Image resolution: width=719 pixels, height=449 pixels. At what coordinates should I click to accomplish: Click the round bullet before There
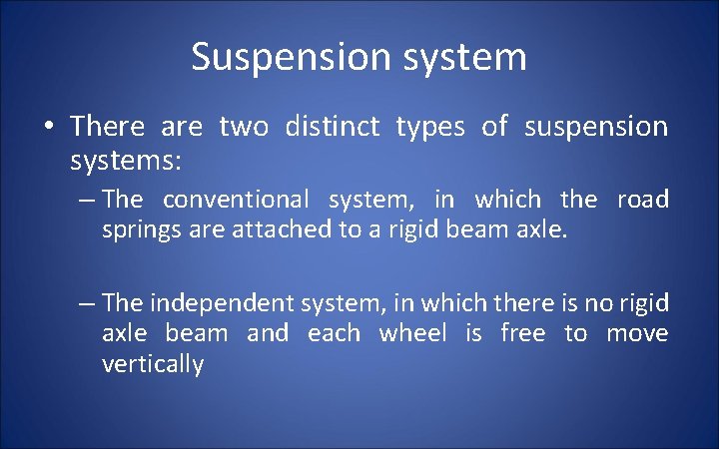(48, 128)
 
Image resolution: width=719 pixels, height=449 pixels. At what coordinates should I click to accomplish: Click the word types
(429, 128)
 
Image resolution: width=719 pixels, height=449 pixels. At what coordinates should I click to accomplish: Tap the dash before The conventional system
(86, 201)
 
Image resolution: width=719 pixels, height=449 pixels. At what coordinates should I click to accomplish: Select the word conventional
(236, 200)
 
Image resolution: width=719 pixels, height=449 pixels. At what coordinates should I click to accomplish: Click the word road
(643, 200)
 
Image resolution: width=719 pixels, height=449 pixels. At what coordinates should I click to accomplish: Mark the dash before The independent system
(86, 303)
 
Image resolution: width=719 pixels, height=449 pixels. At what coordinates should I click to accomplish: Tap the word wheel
(412, 333)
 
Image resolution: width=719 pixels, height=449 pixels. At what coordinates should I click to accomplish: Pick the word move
(637, 333)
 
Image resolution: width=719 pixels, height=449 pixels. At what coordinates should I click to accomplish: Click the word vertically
(153, 364)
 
